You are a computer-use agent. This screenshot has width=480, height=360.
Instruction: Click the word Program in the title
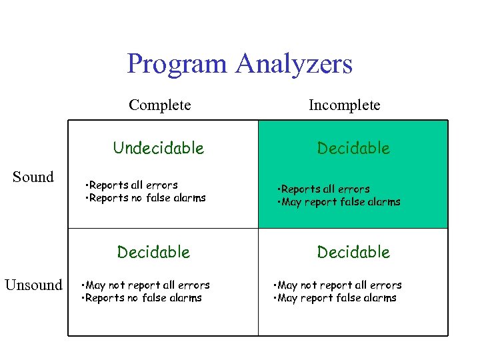[177, 65]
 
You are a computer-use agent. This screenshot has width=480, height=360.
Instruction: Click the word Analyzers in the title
[293, 65]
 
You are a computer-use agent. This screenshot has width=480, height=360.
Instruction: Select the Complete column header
[160, 105]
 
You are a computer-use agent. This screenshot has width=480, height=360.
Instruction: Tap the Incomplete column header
[344, 105]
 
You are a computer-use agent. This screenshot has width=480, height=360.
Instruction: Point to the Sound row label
[33, 177]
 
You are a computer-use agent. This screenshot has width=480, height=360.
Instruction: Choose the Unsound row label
[33, 285]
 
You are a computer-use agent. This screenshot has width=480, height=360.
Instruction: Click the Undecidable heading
[159, 148]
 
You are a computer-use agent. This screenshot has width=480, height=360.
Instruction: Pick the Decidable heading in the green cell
[353, 148]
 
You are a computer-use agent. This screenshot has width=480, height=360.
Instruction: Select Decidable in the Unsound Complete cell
[153, 252]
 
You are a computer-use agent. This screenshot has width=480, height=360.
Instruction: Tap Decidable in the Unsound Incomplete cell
[353, 252]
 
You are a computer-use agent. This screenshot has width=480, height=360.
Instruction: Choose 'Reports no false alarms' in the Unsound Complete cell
[141, 298]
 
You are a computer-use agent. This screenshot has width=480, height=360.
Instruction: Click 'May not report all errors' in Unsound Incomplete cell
[337, 285]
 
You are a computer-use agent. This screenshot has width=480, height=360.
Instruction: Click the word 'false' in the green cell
[354, 202]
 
